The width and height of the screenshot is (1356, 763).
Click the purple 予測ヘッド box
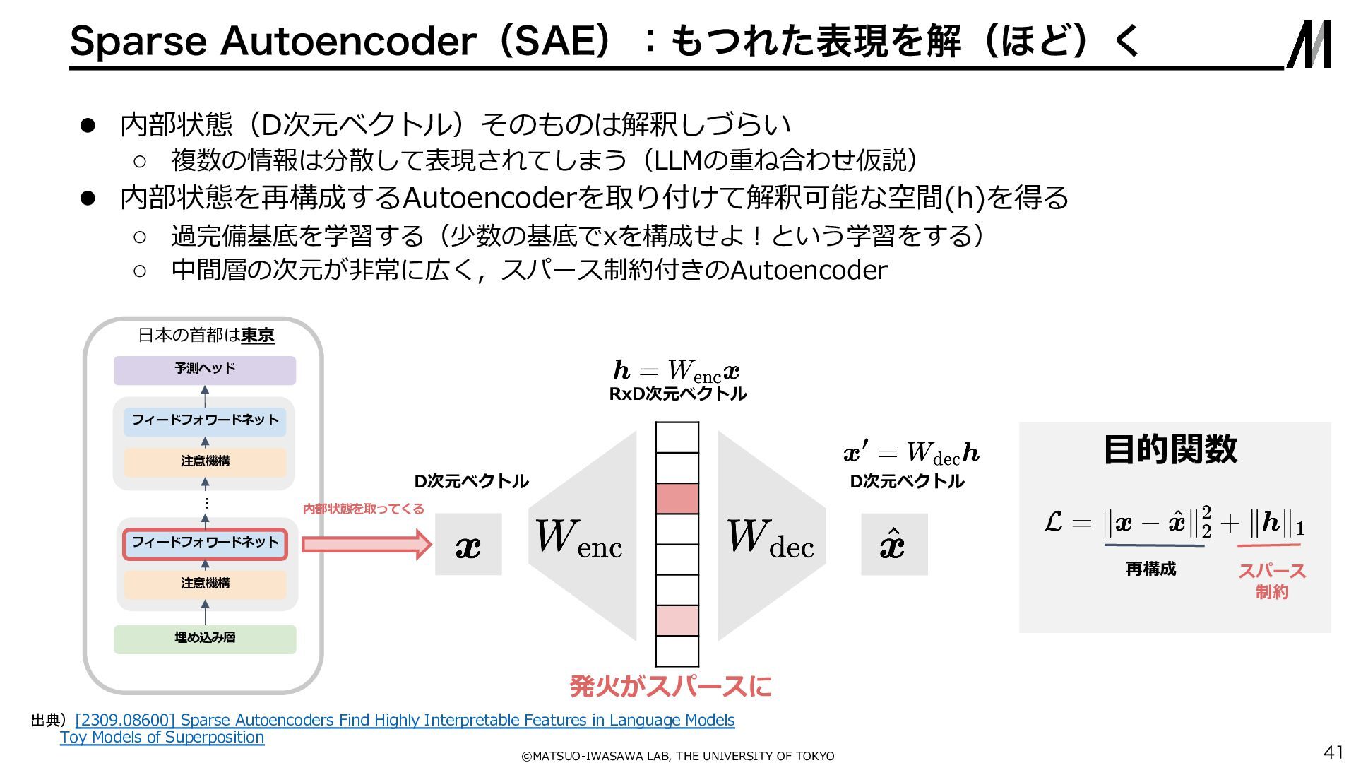(205, 370)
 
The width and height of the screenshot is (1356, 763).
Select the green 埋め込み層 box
(205, 639)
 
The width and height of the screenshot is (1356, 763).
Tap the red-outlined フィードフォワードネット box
(205, 543)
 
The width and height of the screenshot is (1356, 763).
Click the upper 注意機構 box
(205, 462)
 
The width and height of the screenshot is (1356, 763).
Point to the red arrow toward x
(366, 545)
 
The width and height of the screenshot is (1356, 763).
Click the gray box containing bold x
(468, 545)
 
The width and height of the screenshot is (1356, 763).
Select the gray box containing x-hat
(893, 545)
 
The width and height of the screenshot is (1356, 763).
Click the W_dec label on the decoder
(771, 539)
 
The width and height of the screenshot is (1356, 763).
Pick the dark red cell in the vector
(677, 499)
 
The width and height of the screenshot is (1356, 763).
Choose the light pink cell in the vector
(677, 620)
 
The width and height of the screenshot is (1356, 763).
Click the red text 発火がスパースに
(670, 686)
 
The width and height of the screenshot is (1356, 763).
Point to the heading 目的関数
(1170, 449)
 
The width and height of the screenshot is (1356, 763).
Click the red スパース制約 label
(1272, 581)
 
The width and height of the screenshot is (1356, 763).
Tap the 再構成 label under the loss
(1150, 569)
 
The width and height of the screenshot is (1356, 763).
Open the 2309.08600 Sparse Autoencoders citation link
(405, 720)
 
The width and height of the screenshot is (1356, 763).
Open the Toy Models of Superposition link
(162, 737)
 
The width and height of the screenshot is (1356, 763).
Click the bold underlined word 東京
(258, 336)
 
